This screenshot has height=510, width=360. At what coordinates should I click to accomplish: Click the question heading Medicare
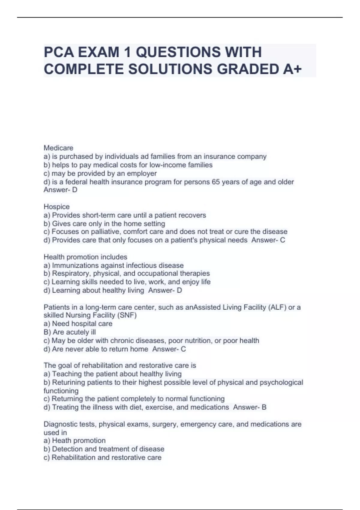pyautogui.click(x=58, y=148)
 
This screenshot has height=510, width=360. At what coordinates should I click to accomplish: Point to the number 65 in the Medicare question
pyautogui.click(x=216, y=182)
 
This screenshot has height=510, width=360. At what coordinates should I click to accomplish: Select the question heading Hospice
pyautogui.click(x=57, y=207)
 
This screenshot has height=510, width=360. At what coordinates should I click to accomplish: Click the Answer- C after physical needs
pyautogui.click(x=268, y=240)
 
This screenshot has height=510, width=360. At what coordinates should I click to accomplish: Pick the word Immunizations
pyautogui.click(x=75, y=265)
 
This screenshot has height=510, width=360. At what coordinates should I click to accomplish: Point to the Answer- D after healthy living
pyautogui.click(x=165, y=290)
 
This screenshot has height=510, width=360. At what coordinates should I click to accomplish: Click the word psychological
pyautogui.click(x=281, y=382)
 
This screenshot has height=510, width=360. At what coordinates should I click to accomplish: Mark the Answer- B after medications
pyautogui.click(x=250, y=407)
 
